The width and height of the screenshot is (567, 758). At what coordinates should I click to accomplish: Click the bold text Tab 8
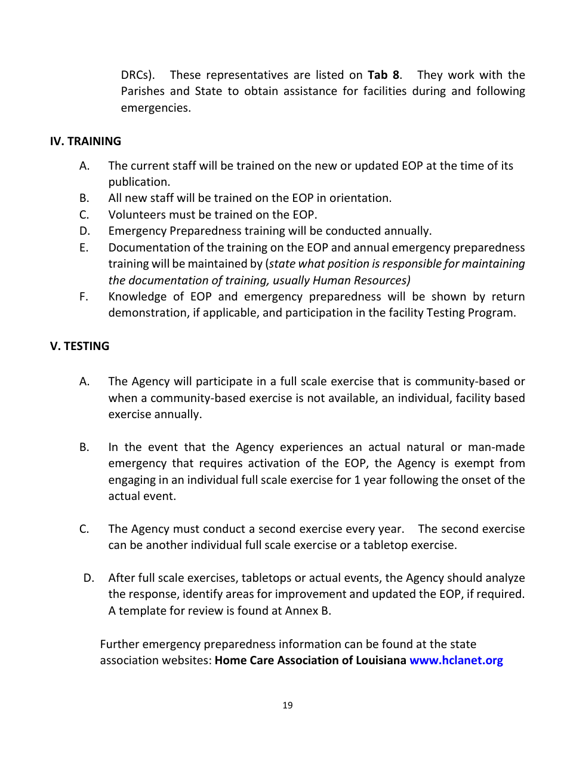point(384,75)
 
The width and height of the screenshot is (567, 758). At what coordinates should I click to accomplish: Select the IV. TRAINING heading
point(85,142)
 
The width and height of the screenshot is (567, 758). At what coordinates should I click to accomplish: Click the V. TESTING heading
point(79,346)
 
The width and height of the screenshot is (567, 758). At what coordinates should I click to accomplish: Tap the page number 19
point(287,705)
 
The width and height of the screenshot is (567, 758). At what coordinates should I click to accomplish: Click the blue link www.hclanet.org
point(456,661)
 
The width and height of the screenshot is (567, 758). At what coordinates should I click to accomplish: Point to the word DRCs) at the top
point(138,75)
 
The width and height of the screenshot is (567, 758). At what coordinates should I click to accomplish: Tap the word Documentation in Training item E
point(146,247)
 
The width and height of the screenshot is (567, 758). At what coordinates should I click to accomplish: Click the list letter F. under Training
point(84,297)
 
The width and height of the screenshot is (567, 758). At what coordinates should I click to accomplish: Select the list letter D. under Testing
point(88,578)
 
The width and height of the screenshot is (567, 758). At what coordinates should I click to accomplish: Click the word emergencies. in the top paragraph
point(156,108)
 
